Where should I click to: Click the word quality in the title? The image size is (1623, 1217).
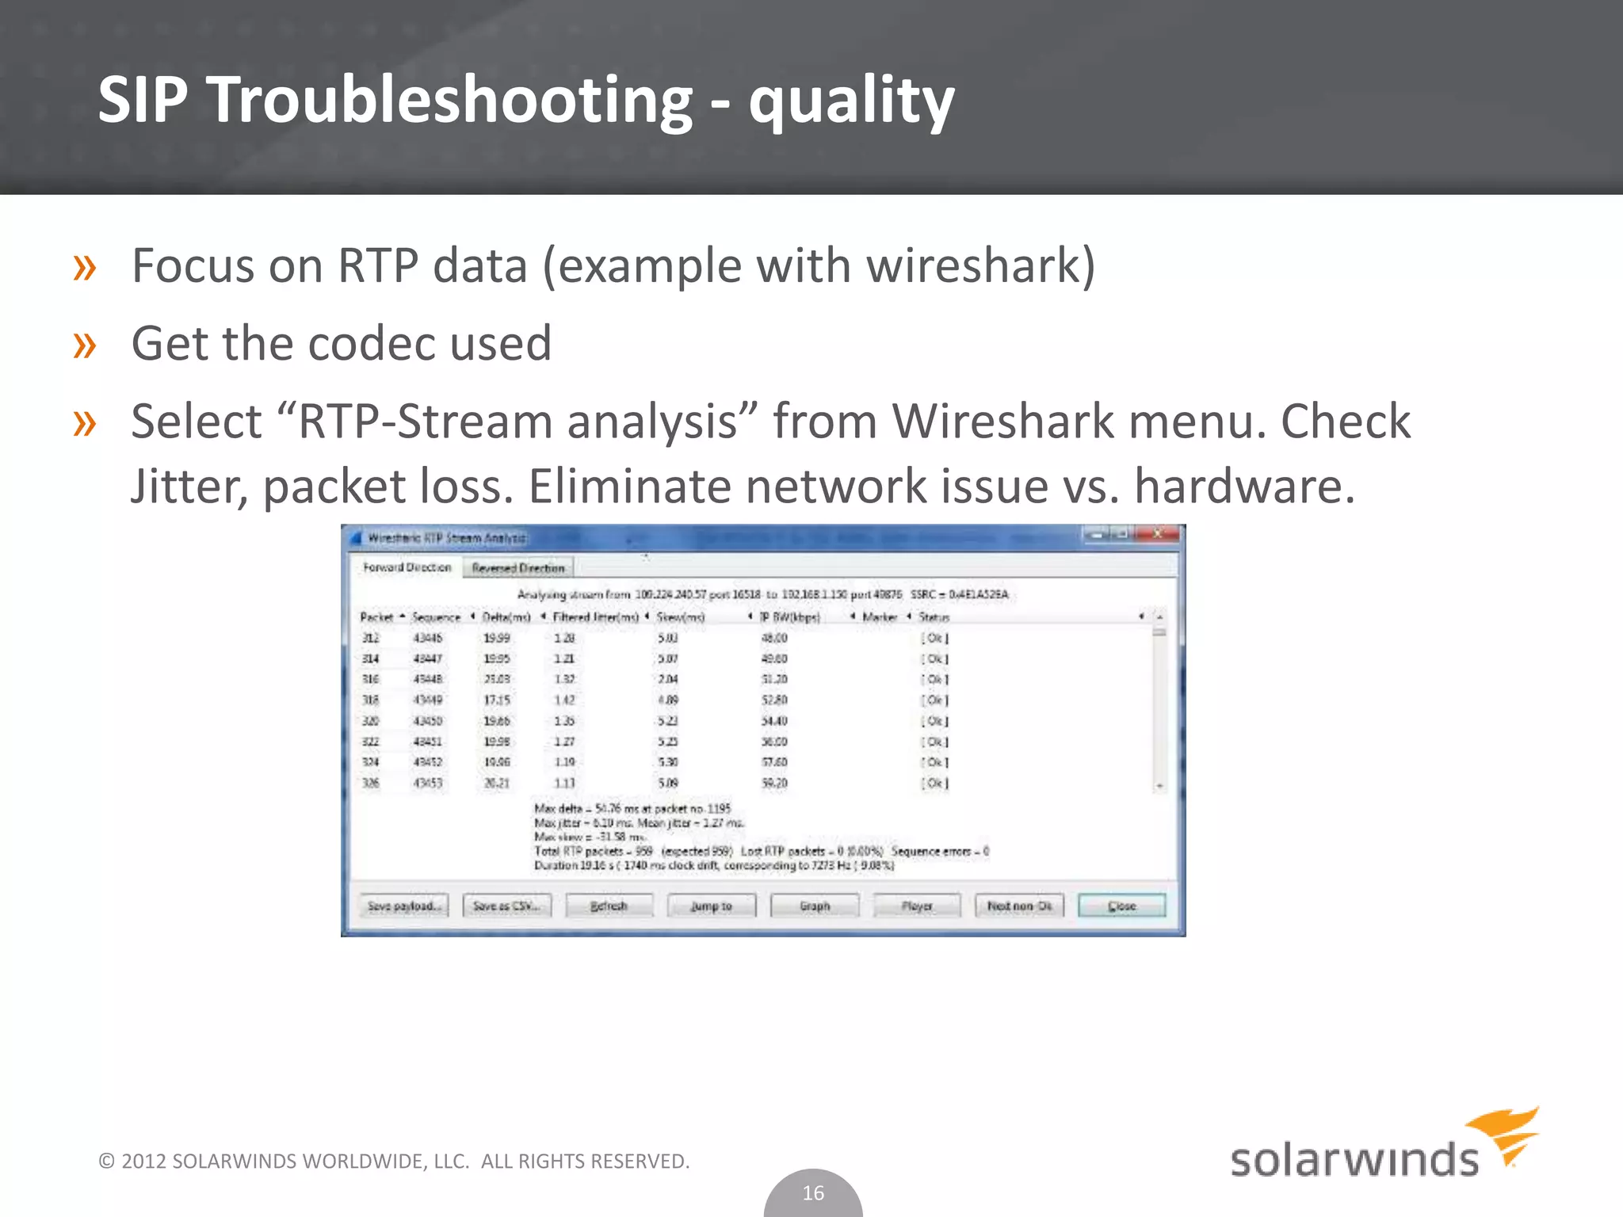click(851, 101)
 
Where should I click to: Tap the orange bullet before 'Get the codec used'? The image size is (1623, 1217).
click(85, 345)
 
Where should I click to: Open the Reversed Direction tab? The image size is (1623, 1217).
click(518, 568)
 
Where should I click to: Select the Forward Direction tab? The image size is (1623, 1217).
click(407, 567)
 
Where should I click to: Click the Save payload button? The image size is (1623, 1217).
click(403, 906)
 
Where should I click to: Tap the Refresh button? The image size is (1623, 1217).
click(609, 906)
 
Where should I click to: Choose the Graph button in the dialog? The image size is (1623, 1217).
click(815, 906)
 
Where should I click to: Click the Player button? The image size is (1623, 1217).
click(917, 906)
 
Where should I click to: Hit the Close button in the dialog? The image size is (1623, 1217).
click(1121, 906)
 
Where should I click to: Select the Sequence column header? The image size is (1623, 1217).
click(436, 617)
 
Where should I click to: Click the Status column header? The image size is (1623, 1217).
click(934, 617)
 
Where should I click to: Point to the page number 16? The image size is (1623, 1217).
click(813, 1193)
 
